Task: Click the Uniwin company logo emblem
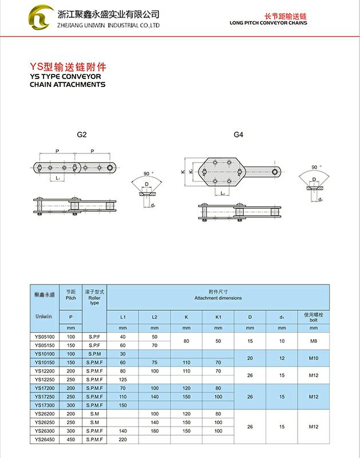(x=43, y=18)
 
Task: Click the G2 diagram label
(x=82, y=135)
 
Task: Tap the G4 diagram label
(x=239, y=135)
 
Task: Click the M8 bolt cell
(x=313, y=341)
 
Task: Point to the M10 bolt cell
(x=313, y=358)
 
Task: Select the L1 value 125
(x=123, y=380)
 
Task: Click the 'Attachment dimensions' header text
(x=218, y=298)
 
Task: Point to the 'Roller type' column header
(x=95, y=299)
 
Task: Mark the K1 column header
(x=218, y=317)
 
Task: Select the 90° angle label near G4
(x=314, y=167)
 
